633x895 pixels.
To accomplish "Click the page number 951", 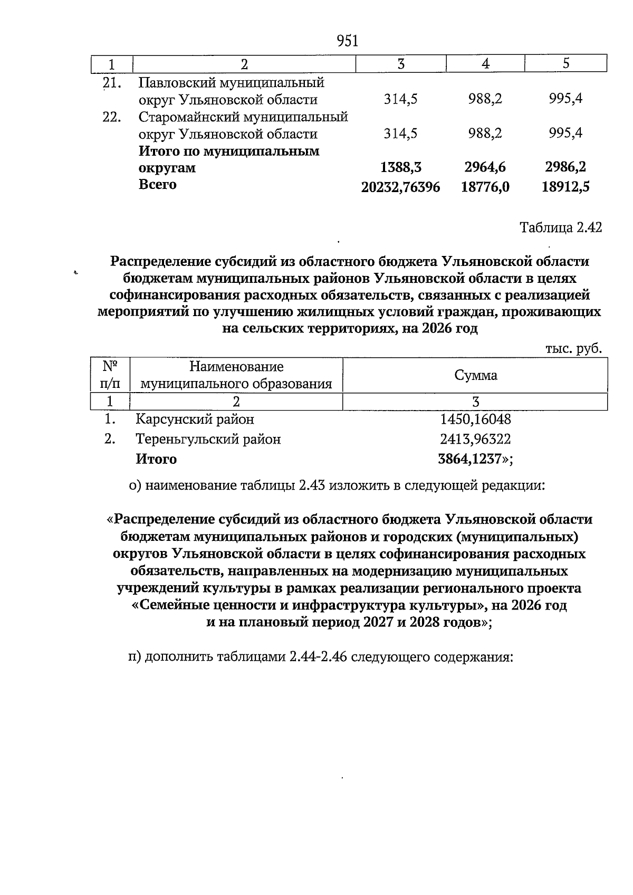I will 347,41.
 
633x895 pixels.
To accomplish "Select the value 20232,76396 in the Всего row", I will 400,187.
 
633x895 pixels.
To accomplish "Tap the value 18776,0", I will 485,187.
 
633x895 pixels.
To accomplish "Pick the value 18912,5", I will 565,187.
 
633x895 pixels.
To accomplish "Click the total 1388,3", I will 400,168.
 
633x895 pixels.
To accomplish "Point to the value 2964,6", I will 485,168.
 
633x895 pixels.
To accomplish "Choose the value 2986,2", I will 565,168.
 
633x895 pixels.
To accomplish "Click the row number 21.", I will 112,83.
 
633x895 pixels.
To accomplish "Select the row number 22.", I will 112,117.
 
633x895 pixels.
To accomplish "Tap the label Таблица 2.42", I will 560,227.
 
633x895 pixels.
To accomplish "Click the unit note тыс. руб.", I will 573,349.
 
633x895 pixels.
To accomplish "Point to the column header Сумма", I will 475,375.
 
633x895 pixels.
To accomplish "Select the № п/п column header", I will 110,374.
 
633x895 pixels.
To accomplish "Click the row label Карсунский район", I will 195,420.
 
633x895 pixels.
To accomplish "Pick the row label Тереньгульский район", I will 208,439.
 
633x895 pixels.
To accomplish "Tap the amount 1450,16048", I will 475,420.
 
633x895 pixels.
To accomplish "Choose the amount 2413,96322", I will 475,439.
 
